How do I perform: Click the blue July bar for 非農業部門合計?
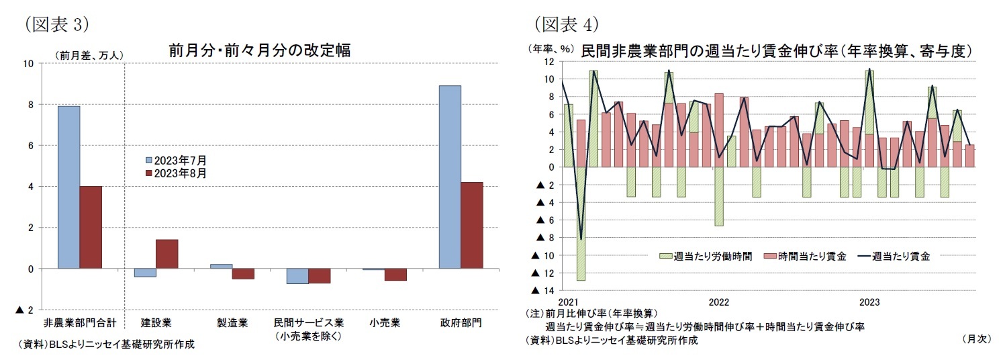pyautogui.click(x=68, y=187)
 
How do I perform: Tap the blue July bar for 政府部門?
pyautogui.click(x=450, y=177)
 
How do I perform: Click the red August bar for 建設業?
pyautogui.click(x=167, y=254)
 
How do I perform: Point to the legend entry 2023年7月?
pyautogui.click(x=176, y=161)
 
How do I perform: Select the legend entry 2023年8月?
pyautogui.click(x=176, y=173)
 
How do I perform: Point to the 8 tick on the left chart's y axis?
pyautogui.click(x=29, y=105)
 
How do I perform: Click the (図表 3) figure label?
pyautogui.click(x=56, y=24)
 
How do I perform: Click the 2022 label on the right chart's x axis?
pyautogui.click(x=718, y=302)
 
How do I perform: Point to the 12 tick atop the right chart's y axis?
pyautogui.click(x=549, y=62)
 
